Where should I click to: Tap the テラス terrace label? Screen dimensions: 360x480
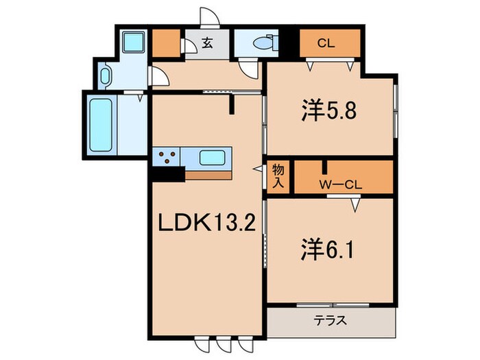pyautogui.click(x=330, y=320)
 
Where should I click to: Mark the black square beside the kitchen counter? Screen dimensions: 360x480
pyautogui.click(x=167, y=176)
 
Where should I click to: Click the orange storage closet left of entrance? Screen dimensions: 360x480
pyautogui.click(x=165, y=44)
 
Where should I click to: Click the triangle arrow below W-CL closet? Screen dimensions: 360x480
pyautogui.click(x=355, y=204)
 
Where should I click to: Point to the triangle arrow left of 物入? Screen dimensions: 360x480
pyautogui.click(x=258, y=169)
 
